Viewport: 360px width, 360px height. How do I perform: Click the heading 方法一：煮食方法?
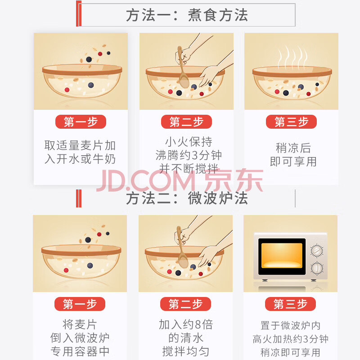pyautogui.click(x=187, y=15)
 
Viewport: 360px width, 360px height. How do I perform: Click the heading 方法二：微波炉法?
pyautogui.click(x=187, y=198)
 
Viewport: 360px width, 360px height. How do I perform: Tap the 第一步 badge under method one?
pyautogui.click(x=81, y=121)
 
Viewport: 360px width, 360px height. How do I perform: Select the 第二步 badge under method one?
pyautogui.click(x=186, y=121)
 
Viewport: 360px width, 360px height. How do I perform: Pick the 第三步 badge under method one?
pyautogui.click(x=291, y=121)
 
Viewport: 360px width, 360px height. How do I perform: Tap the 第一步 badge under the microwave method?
pyautogui.click(x=80, y=304)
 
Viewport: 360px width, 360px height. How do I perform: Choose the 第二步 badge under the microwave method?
pyautogui.click(x=185, y=304)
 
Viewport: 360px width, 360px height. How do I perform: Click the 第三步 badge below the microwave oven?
pyautogui.click(x=290, y=304)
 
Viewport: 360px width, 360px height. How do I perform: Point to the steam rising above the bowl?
pyautogui.click(x=292, y=56)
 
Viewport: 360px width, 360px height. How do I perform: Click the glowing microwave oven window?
pyautogui.click(x=282, y=256)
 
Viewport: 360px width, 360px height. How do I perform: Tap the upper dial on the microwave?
pyautogui.click(x=317, y=251)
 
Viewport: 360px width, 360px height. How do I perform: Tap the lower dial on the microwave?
pyautogui.click(x=317, y=268)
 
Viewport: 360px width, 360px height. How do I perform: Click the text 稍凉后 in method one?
pyautogui.click(x=293, y=148)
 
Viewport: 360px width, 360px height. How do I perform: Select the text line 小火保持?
pyautogui.click(x=189, y=142)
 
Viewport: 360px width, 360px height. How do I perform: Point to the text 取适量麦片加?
pyautogui.click(x=80, y=145)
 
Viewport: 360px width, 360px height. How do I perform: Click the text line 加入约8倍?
pyautogui.click(x=186, y=324)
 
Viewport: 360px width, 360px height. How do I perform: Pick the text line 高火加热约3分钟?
pyautogui.click(x=290, y=339)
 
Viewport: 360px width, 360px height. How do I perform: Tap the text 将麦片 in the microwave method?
pyautogui.click(x=80, y=324)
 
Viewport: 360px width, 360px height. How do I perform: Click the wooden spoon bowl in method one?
pyautogui.click(x=184, y=81)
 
